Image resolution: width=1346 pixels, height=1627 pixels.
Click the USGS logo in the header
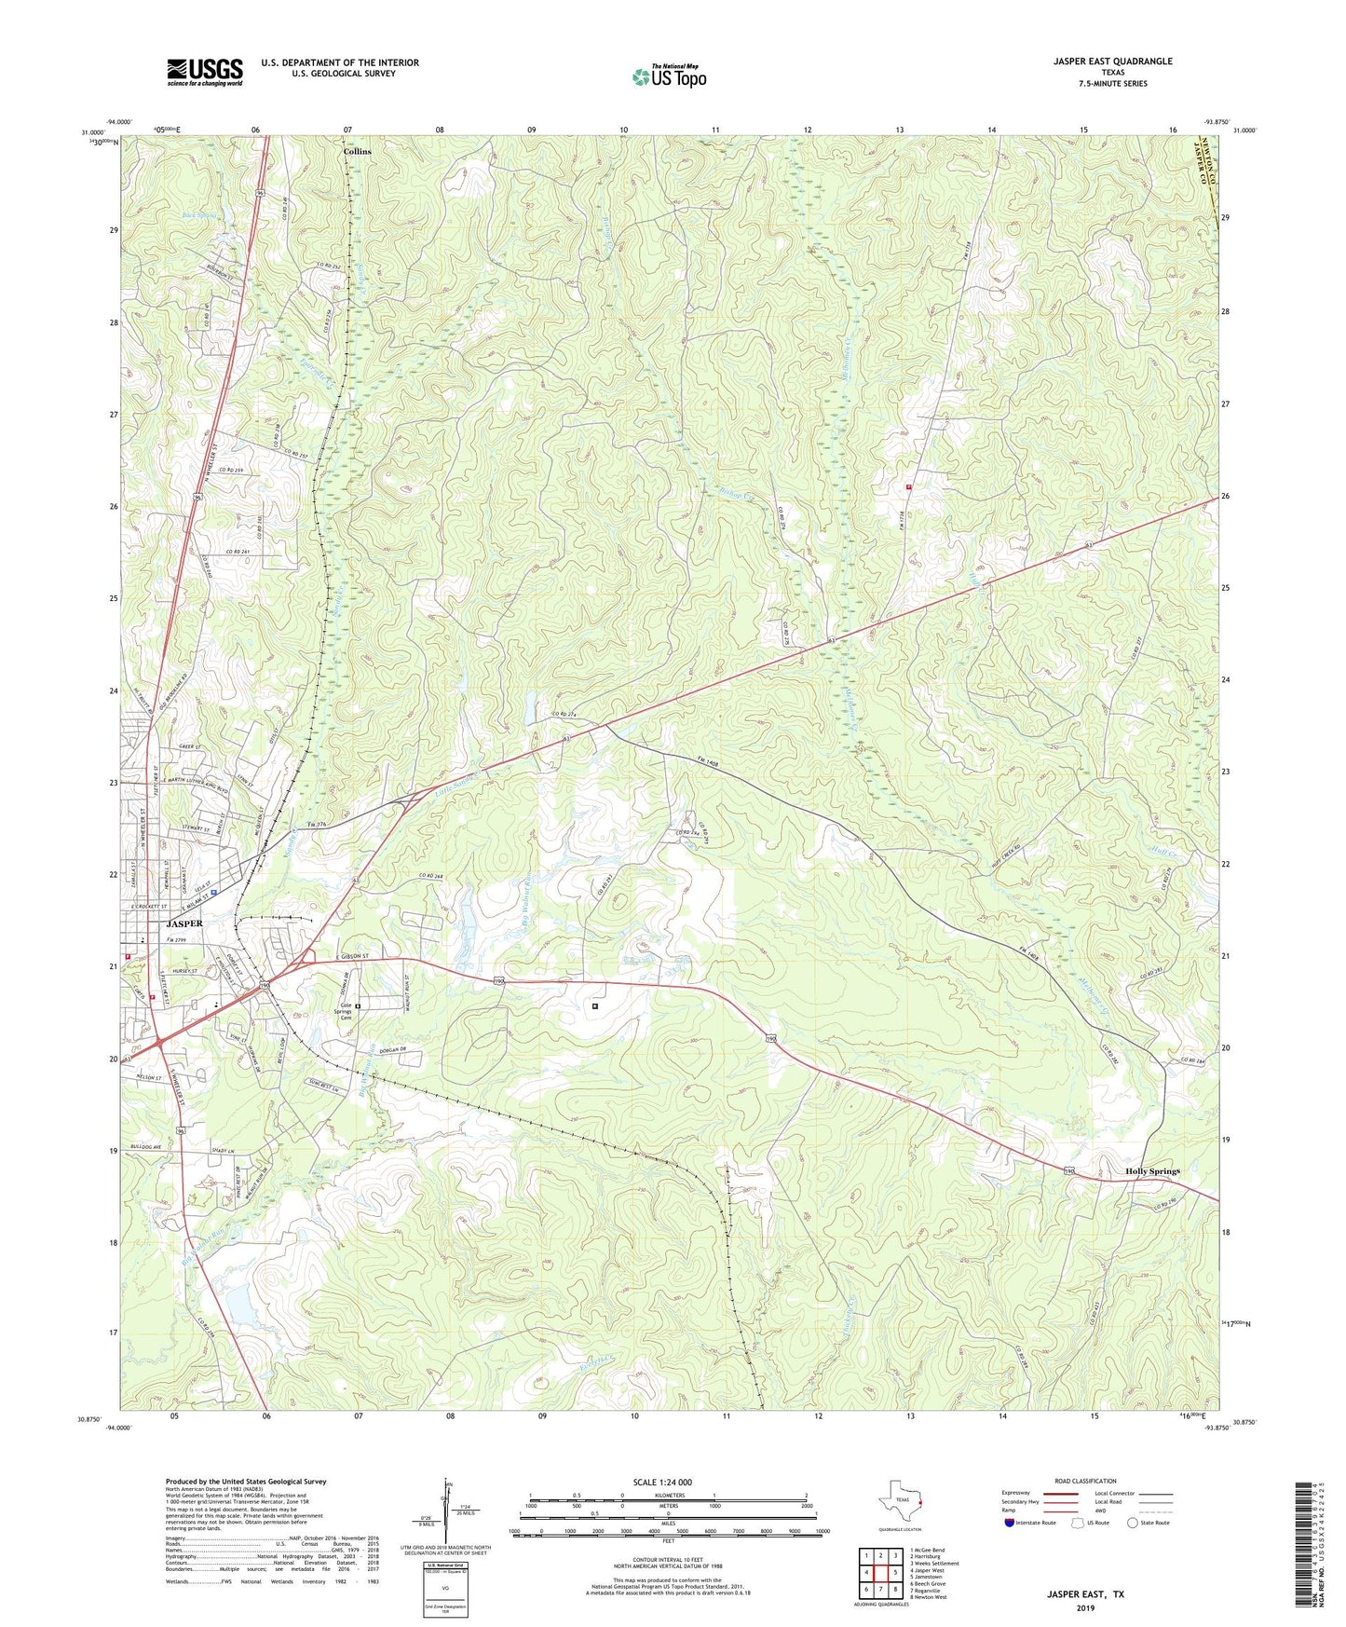point(204,72)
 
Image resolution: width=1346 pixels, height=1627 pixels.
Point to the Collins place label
point(357,152)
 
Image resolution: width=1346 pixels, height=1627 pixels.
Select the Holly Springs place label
point(1152,1171)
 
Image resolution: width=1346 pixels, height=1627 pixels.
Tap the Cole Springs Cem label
point(345,1011)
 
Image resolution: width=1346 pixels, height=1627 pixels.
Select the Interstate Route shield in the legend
point(1011,1523)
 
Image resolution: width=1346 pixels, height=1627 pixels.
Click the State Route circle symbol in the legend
point(1133,1523)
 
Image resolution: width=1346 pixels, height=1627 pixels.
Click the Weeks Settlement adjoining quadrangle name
point(934,1564)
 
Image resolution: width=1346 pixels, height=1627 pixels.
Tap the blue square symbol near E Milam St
point(214,892)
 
